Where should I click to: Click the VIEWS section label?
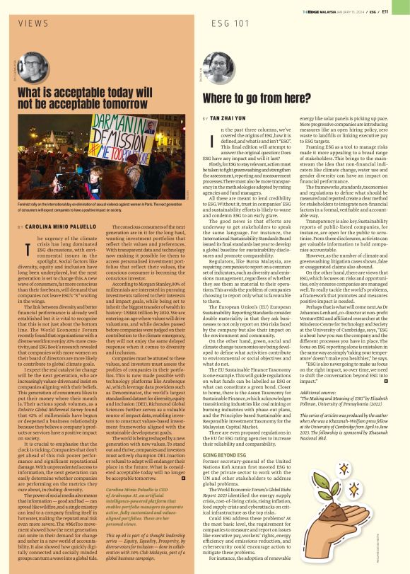point(33,23)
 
